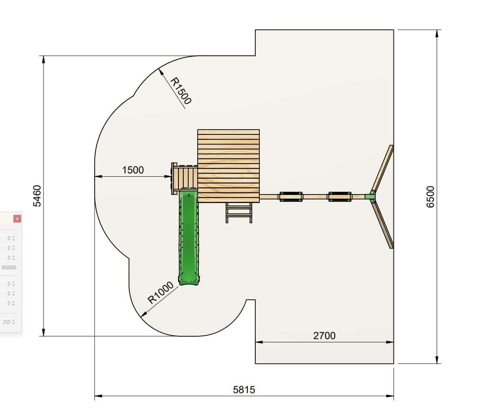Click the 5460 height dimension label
(37, 196)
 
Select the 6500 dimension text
(430, 197)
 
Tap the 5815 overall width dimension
(244, 390)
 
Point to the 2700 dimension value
(324, 336)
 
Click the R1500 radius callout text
(181, 91)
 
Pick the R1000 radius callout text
(161, 293)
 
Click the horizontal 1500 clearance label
(133, 170)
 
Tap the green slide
(189, 236)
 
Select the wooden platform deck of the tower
(228, 166)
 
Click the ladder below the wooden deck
(239, 213)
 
